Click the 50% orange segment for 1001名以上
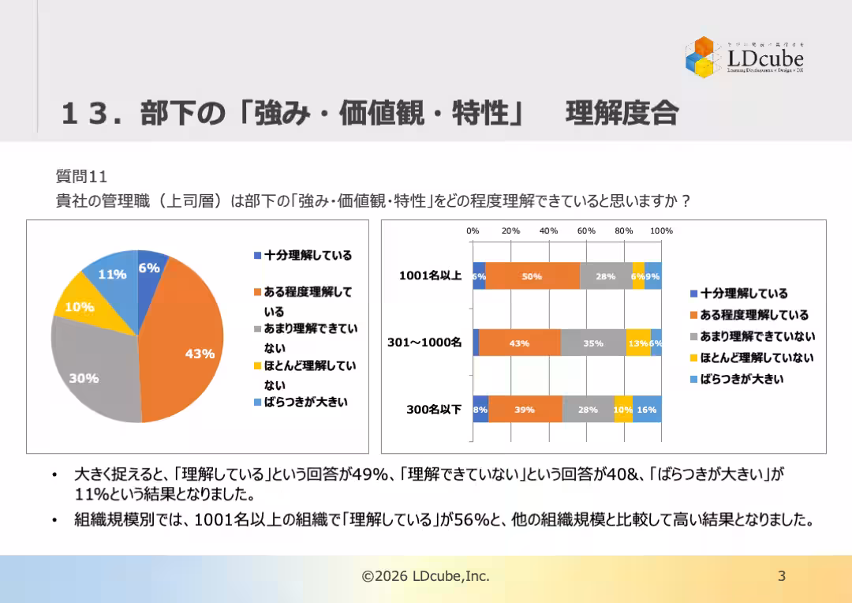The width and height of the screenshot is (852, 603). point(532,276)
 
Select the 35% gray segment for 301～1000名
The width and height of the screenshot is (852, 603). point(593,343)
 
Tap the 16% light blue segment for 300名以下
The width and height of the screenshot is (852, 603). point(647,410)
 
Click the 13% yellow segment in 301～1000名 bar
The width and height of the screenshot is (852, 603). point(637,343)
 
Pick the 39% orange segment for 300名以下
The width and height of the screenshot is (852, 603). point(525,410)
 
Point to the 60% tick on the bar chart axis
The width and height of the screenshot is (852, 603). point(586,230)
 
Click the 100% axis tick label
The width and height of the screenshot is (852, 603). point(661,230)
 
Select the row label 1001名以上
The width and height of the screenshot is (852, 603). point(430,276)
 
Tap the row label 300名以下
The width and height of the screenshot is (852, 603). point(434,410)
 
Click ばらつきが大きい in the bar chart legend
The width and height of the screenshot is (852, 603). point(742,379)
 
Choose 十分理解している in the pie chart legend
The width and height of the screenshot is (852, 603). point(308,255)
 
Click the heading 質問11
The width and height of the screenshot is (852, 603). point(80,175)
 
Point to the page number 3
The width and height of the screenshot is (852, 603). point(782,576)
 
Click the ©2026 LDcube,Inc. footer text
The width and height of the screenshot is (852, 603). point(425,576)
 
